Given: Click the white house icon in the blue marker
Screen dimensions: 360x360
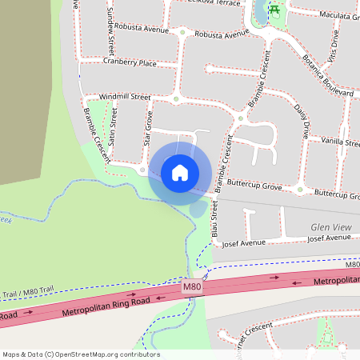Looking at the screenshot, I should click(180, 172).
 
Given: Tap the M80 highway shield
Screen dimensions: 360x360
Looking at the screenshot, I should click(191, 286).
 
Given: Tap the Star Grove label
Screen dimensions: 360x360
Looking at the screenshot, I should click(148, 127).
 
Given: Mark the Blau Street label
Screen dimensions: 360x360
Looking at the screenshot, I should click(214, 221).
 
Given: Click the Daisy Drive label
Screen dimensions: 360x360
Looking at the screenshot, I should click(302, 121).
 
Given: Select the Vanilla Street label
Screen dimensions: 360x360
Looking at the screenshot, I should click(340, 141).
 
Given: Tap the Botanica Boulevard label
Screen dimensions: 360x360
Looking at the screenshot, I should click(326, 75).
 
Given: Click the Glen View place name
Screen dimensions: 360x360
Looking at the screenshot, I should click(331, 227).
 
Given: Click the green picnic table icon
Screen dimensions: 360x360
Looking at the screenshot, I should click(274, 10).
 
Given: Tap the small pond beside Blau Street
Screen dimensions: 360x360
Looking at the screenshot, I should click(197, 209).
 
